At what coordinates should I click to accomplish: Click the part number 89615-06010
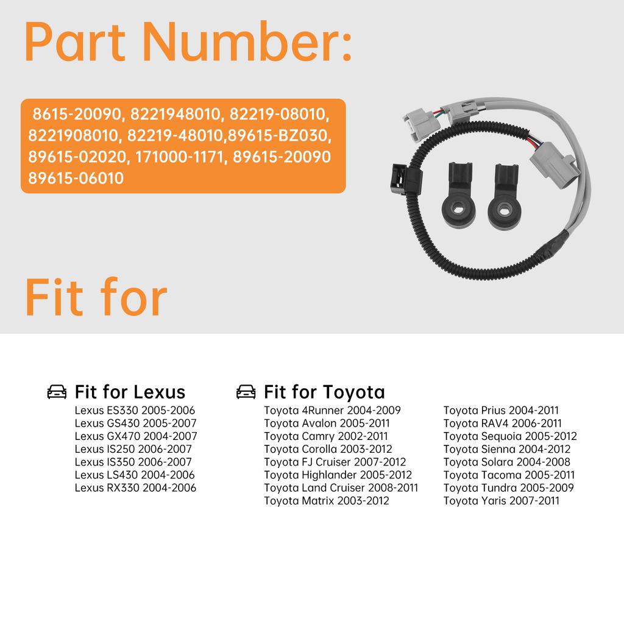(x=76, y=178)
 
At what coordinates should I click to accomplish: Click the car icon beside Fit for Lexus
(x=57, y=392)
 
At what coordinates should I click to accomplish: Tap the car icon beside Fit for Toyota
(x=246, y=392)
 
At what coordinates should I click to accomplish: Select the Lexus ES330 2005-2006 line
(x=135, y=410)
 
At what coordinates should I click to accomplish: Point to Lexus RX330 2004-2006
(x=135, y=487)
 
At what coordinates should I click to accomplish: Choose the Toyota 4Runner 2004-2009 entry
(x=332, y=410)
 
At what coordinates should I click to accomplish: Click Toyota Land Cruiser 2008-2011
(x=341, y=487)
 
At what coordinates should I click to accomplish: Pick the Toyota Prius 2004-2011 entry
(x=500, y=410)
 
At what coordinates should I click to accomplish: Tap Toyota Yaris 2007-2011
(x=501, y=500)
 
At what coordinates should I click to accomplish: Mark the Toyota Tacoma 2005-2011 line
(x=508, y=475)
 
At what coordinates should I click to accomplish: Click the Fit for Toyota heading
(x=324, y=391)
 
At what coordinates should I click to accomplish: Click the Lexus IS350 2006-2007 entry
(x=133, y=462)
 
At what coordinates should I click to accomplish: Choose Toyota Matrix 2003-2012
(x=326, y=500)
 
